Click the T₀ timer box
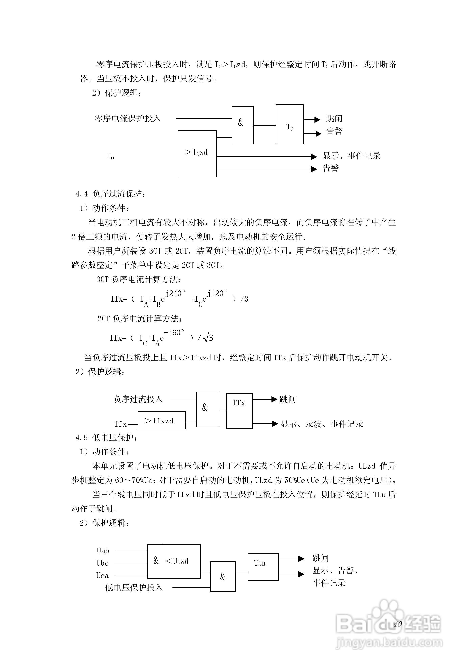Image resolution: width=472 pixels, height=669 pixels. point(289,124)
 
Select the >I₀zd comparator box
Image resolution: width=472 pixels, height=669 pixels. point(197,154)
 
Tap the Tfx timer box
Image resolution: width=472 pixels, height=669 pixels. point(239,411)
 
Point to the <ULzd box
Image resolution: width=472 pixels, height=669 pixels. point(181,561)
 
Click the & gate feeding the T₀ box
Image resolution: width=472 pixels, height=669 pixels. point(242,125)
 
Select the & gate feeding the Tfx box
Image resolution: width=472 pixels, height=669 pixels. point(207,409)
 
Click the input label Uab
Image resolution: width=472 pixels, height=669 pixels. point(103,551)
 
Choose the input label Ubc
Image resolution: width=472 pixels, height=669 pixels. point(102,563)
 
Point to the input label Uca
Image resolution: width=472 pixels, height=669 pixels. point(102,575)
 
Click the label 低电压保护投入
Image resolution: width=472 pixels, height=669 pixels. point(134,587)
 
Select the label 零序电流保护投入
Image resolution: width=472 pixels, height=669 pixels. point(128,119)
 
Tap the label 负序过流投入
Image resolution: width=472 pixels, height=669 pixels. point(138,399)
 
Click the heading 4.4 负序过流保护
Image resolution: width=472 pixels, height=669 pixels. point(110,194)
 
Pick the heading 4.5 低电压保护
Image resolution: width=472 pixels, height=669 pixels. point(106,437)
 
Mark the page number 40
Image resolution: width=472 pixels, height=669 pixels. point(397,624)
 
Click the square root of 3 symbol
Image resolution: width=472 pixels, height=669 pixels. point(209,337)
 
